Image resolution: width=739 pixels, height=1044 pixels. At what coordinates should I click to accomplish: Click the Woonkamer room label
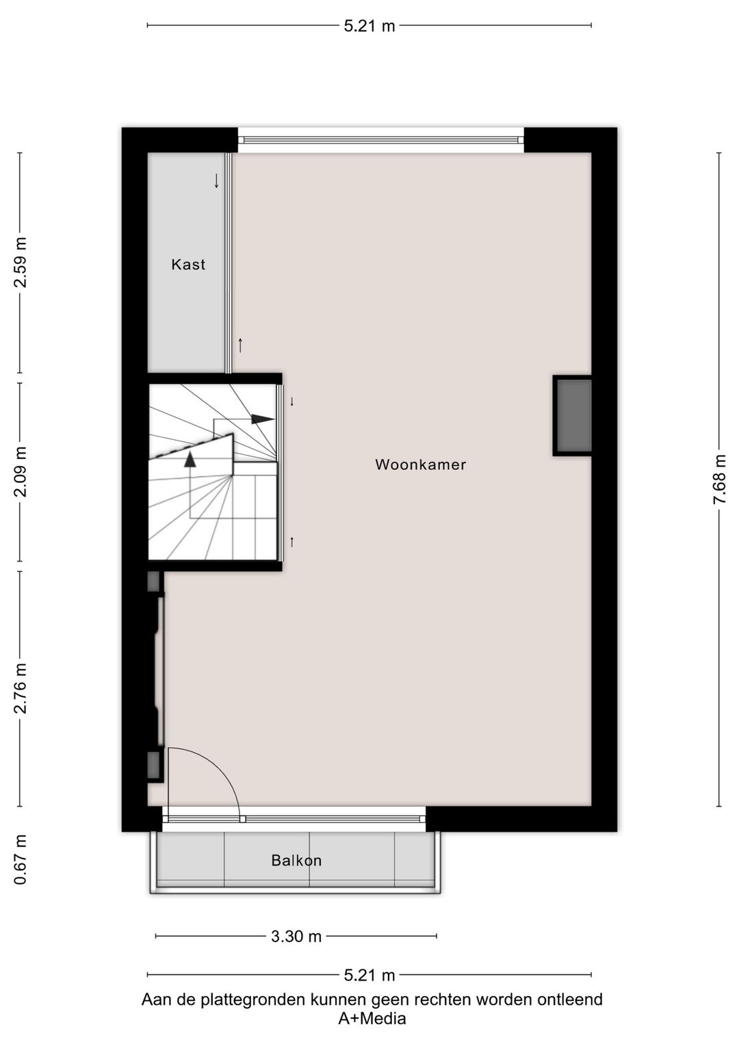coord(420,465)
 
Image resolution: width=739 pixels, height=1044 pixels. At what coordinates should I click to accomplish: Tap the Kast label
coord(188,265)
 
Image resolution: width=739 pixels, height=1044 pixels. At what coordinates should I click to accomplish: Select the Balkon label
coord(296,861)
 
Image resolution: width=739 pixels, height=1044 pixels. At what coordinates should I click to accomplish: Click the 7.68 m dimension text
coord(719,480)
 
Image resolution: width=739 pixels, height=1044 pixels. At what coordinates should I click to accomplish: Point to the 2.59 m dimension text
coord(21,262)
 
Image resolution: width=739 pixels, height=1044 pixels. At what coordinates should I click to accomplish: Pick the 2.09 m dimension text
coord(21,471)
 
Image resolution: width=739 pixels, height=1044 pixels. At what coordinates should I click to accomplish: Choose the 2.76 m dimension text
coord(21,688)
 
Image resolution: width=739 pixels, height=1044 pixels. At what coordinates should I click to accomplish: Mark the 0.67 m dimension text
coord(21,859)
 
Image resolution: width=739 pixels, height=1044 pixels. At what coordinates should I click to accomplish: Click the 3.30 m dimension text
coord(296,937)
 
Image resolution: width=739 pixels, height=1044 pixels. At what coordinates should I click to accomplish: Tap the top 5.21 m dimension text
coord(369,27)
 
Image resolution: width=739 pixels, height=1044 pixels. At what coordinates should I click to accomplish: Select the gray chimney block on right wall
coord(573,415)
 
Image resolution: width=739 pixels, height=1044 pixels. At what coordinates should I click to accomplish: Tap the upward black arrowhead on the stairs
coord(190,459)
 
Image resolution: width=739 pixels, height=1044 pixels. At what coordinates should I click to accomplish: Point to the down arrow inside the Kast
coord(216,181)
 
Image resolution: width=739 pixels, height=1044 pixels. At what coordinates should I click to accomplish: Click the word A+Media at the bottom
coord(372,1019)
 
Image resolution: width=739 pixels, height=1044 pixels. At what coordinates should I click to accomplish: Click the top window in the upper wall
coord(380,140)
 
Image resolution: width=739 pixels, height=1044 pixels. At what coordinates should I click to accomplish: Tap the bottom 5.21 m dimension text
coord(369,975)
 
